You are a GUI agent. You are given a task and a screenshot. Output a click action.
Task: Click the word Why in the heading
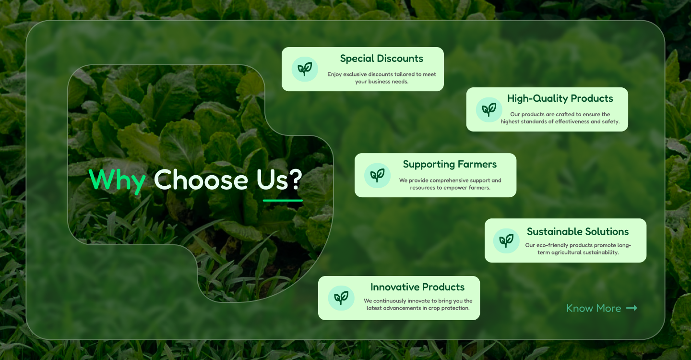(117, 180)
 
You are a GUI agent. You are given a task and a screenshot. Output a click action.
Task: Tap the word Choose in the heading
(201, 180)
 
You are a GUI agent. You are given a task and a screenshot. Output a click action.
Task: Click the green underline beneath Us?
(283, 200)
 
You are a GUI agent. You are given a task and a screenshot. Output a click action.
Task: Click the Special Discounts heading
(381, 59)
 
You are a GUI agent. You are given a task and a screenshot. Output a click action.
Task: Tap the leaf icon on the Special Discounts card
(305, 69)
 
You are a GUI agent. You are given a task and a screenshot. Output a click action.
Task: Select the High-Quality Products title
(560, 98)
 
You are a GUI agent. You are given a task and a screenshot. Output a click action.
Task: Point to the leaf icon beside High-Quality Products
(489, 109)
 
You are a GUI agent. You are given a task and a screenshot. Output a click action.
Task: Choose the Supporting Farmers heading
(450, 164)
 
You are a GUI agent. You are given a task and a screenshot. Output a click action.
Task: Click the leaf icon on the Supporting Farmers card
(377, 175)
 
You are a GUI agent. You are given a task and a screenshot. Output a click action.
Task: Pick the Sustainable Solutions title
(578, 231)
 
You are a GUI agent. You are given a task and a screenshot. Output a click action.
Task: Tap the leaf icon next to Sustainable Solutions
(506, 240)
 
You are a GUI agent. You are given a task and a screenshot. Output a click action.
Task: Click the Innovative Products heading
(417, 287)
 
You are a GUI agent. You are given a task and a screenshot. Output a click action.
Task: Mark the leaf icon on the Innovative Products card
(341, 298)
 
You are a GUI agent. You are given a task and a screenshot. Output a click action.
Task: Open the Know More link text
(594, 308)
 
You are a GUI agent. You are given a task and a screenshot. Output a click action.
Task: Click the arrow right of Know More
(632, 308)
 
